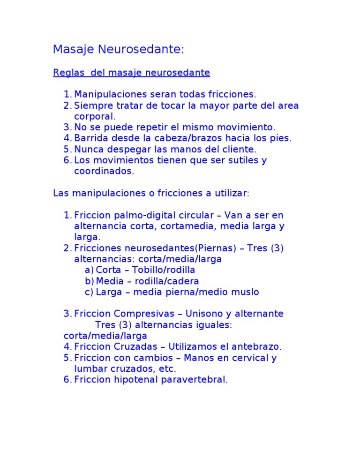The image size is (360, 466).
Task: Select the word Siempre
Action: [92, 105]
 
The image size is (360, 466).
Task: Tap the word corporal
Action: [94, 116]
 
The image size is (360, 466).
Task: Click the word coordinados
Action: [104, 171]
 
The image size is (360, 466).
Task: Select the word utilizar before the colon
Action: [231, 193]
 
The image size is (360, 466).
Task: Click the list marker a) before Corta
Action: [89, 270]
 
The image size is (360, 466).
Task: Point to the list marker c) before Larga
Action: [89, 292]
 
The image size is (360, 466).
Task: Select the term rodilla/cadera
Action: [166, 281]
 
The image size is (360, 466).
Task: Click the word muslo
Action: [246, 292]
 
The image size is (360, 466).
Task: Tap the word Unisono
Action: [204, 314]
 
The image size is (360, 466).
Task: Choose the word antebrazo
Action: [257, 347]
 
